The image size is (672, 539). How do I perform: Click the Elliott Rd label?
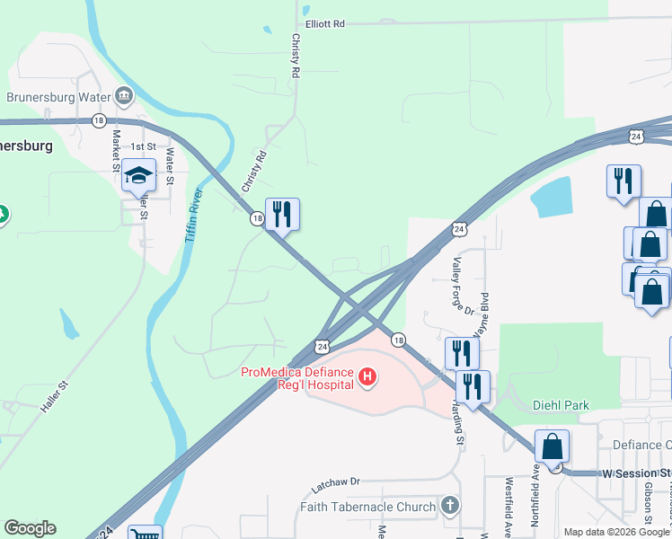[325, 24]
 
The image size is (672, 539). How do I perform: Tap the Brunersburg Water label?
[57, 97]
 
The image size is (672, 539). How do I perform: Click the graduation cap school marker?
[139, 175]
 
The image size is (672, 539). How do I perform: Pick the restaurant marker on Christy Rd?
[282, 214]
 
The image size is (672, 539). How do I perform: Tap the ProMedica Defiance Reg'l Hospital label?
[297, 380]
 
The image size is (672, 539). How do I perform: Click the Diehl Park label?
[561, 405]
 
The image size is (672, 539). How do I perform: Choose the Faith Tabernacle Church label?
[368, 507]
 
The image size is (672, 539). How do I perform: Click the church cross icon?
[451, 506]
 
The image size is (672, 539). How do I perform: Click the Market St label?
[116, 150]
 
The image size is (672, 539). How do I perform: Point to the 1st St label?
[143, 146]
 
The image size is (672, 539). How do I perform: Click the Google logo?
[30, 528]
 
